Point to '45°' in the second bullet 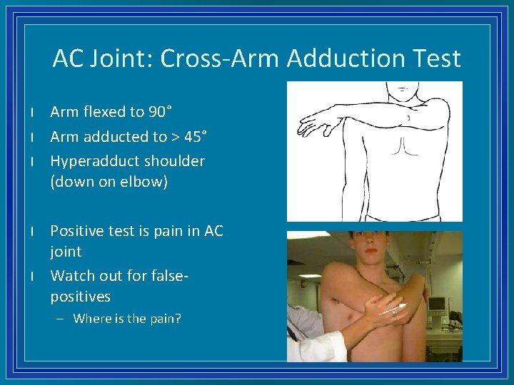click(195, 136)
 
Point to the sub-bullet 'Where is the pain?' click(127, 319)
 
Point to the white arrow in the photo click(392, 309)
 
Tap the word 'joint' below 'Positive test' click(66, 252)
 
